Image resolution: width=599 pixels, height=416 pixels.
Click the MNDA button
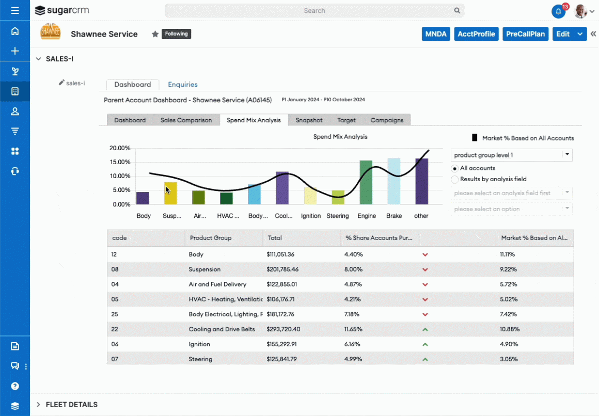[436, 34]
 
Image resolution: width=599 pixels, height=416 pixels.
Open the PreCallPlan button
[525, 34]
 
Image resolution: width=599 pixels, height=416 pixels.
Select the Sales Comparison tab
[186, 120]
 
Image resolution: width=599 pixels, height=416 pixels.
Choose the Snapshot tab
[309, 120]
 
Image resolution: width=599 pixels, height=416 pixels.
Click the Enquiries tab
[183, 85]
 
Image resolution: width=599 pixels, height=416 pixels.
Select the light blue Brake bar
[394, 181]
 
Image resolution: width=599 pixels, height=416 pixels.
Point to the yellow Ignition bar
[310, 196]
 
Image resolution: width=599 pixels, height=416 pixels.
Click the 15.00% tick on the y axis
[120, 162]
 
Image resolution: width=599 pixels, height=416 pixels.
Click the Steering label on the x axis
[338, 216]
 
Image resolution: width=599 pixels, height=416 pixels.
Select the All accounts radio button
[455, 168]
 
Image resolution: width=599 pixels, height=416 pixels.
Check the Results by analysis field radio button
[455, 180]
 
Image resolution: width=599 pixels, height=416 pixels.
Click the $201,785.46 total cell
[282, 269]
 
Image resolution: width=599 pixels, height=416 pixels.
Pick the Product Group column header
[211, 238]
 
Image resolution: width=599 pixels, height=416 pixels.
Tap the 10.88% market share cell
[510, 329]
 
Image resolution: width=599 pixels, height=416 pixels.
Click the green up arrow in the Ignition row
[425, 344]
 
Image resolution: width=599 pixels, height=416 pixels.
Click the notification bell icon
[558, 11]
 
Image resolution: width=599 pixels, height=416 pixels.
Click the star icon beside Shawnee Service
[155, 34]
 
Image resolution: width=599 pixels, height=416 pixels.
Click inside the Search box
[314, 10]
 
